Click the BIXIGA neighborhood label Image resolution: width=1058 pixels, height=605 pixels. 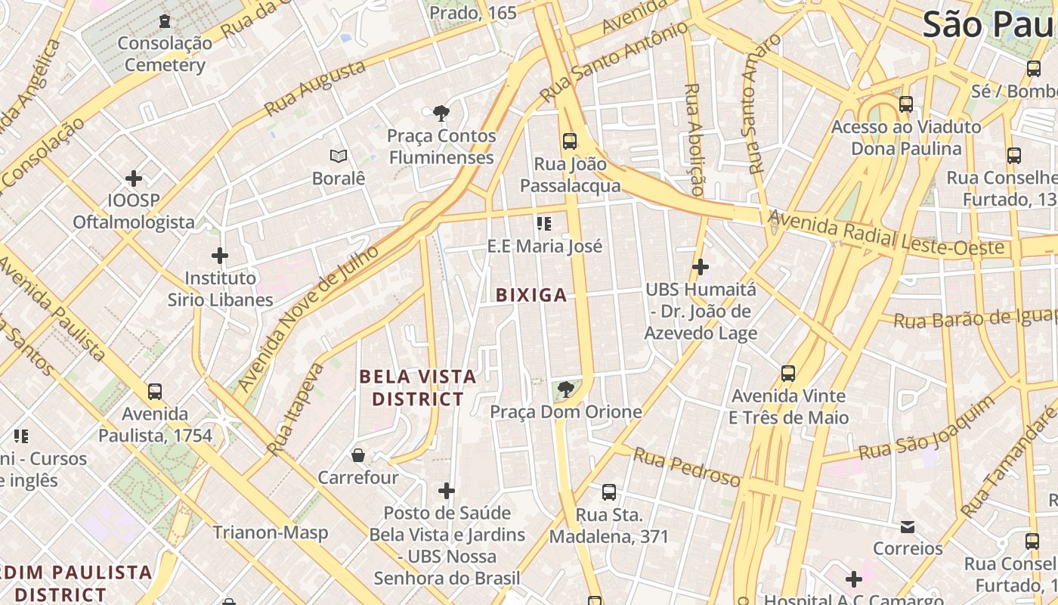click(x=531, y=295)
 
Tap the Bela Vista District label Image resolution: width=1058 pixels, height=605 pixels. click(x=418, y=387)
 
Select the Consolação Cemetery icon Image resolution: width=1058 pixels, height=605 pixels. click(x=165, y=21)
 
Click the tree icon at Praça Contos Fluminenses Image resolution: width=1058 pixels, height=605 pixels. click(x=441, y=113)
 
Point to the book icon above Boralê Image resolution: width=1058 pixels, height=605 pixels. click(x=339, y=157)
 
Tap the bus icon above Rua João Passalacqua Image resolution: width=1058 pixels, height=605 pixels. click(x=570, y=141)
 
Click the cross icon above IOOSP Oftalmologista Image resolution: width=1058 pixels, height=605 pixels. click(x=134, y=178)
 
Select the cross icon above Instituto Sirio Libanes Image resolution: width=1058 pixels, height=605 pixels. click(x=220, y=256)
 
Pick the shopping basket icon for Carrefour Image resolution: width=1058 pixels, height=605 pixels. click(x=358, y=455)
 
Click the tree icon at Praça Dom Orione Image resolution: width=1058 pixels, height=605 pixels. click(x=565, y=389)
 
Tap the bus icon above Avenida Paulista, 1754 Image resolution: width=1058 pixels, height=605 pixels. click(x=155, y=392)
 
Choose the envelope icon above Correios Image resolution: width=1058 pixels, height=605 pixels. click(x=908, y=526)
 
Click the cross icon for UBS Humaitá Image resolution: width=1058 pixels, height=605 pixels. click(x=701, y=267)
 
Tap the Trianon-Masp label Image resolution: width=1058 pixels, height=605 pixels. click(x=270, y=532)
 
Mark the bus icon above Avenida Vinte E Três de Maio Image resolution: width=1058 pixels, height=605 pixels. click(x=788, y=374)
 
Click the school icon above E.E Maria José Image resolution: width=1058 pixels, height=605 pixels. click(x=544, y=224)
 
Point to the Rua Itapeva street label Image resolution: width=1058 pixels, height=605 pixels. click(x=295, y=409)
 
